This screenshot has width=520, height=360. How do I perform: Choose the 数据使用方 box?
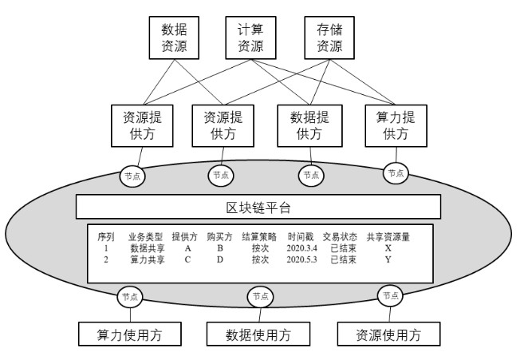pyautogui.click(x=258, y=333)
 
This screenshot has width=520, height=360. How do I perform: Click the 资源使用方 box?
pyautogui.click(x=388, y=333)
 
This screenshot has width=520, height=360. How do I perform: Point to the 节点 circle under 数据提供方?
pyautogui.click(x=309, y=174)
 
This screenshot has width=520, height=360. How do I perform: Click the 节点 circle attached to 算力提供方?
pyautogui.click(x=396, y=172)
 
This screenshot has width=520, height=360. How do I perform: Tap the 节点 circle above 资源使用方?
pyautogui.click(x=388, y=295)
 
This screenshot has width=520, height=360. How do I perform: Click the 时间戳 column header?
pyautogui.click(x=299, y=237)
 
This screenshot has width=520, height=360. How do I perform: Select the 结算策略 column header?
pyautogui.click(x=258, y=237)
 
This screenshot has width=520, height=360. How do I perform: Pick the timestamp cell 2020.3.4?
pyautogui.click(x=301, y=248)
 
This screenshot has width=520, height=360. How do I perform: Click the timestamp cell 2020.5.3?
pyautogui.click(x=301, y=259)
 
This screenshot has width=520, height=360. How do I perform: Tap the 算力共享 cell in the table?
pyautogui.click(x=146, y=259)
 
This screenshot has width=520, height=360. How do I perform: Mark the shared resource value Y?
pyautogui.click(x=388, y=259)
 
